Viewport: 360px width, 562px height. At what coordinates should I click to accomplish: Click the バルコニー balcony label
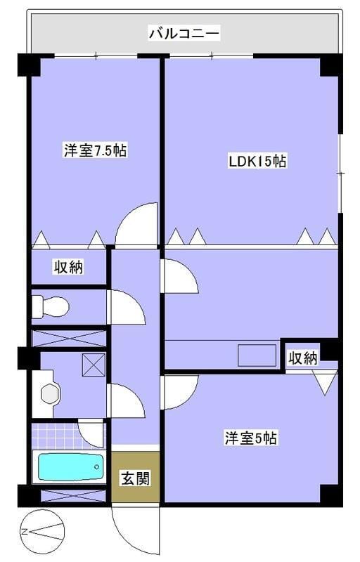(184, 33)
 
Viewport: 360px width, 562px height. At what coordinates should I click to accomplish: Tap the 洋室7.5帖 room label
(96, 150)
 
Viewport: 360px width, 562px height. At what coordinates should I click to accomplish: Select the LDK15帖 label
(257, 161)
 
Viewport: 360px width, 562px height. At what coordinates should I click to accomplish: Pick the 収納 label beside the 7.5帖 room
(69, 266)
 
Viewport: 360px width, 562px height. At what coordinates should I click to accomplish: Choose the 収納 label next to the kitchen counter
(303, 358)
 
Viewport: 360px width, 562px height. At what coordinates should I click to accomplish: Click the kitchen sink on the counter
(257, 355)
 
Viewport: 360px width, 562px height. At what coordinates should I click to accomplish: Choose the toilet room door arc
(125, 309)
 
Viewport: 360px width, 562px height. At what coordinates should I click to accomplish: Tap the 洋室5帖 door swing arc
(179, 390)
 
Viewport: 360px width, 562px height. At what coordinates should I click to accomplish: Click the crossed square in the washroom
(93, 364)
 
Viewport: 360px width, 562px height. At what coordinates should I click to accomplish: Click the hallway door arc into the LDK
(179, 276)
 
